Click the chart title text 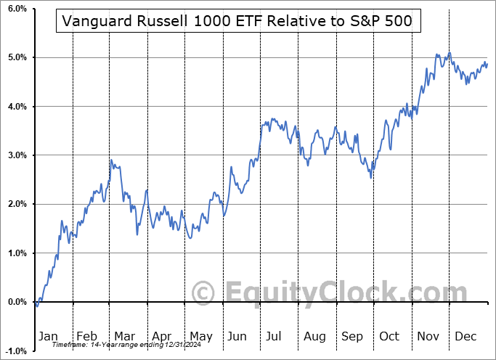pyautogui.click(x=237, y=21)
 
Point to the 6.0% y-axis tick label pyautogui.click(x=16, y=9)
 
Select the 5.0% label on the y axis pyautogui.click(x=16, y=57)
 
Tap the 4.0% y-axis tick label pyautogui.click(x=16, y=107)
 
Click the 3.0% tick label pyautogui.click(x=16, y=155)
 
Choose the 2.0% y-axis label pyautogui.click(x=16, y=204)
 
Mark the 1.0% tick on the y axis pyautogui.click(x=16, y=253)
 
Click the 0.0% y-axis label pyautogui.click(x=16, y=302)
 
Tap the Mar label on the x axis pyautogui.click(x=125, y=336)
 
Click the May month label pyautogui.click(x=200, y=336)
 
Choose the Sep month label pyautogui.click(x=352, y=336)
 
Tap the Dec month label pyautogui.click(x=465, y=336)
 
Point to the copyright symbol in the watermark pyautogui.click(x=204, y=292)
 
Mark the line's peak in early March pyautogui.click(x=111, y=160)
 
